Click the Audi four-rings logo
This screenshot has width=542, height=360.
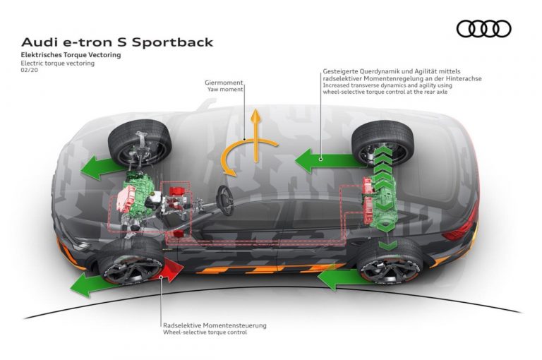tap(483, 29)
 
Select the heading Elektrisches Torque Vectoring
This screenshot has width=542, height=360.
tap(70, 54)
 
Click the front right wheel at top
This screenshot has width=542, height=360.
tap(140, 145)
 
